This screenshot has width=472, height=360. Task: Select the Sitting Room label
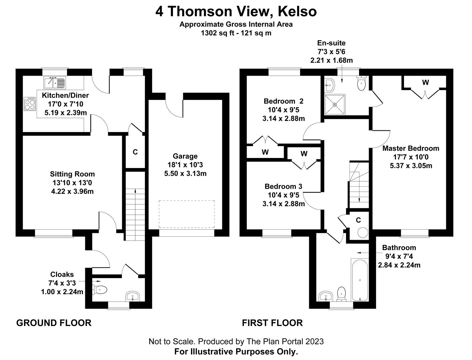(72, 174)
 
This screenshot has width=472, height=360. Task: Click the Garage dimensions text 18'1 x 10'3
(185, 165)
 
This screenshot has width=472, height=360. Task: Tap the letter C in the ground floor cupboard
(135, 152)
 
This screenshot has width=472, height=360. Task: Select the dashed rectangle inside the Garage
(187, 214)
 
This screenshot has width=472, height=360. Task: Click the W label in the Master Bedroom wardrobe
(425, 83)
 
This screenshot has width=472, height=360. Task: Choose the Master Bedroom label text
(411, 148)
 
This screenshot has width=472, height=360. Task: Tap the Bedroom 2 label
(283, 101)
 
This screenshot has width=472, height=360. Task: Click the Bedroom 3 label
(283, 186)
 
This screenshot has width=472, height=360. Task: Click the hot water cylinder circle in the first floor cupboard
(362, 233)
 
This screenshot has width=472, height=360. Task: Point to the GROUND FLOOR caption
(54, 323)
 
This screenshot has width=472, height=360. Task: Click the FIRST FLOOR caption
(272, 323)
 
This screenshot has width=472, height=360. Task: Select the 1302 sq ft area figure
(217, 33)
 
